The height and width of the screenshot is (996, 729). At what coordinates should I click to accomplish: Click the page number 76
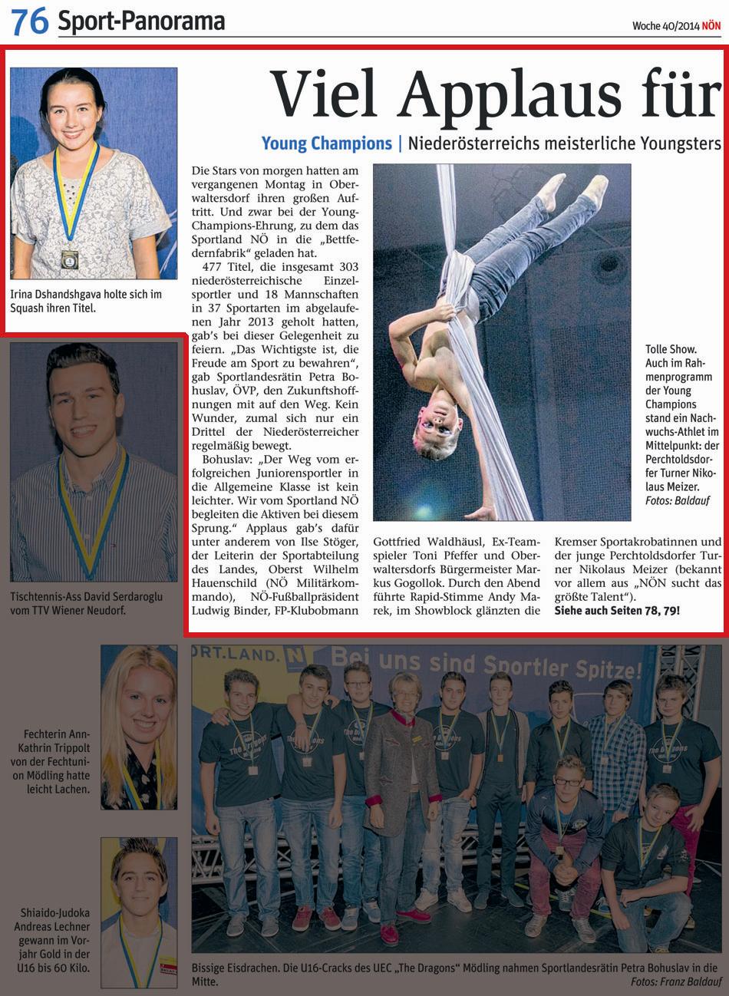[29, 21]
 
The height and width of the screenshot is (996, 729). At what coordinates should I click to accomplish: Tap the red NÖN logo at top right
[711, 26]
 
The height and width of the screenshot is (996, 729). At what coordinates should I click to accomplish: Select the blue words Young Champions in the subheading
[326, 143]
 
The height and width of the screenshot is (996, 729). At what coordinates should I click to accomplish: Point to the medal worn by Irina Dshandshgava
[70, 258]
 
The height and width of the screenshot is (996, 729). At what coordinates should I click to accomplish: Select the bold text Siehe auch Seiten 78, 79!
[617, 611]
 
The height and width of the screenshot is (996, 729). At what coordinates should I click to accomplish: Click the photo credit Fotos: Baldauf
[678, 500]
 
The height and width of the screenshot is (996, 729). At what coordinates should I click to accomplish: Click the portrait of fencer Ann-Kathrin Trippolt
[139, 727]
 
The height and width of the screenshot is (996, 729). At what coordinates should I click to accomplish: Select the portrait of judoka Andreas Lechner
[139, 912]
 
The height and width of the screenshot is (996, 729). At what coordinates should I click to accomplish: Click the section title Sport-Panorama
[141, 22]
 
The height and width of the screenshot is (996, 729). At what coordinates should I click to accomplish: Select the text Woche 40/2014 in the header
[665, 26]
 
